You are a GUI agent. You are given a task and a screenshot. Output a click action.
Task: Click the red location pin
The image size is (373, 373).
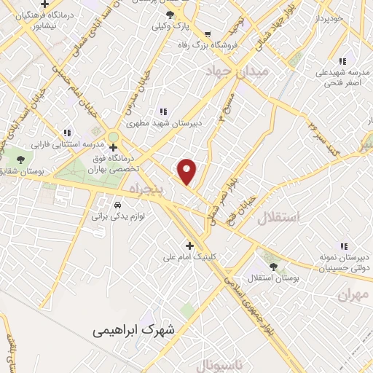187,170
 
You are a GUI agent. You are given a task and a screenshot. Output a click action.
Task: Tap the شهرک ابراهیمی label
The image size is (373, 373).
134,329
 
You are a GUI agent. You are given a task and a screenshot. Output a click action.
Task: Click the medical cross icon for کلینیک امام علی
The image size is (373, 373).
190,246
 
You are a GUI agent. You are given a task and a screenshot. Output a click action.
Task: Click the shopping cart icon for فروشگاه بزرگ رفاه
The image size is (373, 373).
208,34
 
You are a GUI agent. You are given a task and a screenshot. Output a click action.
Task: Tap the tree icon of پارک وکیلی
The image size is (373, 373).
170,14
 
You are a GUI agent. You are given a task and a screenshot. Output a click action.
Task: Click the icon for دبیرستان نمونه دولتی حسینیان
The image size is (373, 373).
343,246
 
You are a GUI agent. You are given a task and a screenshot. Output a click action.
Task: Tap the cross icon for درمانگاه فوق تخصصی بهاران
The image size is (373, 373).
113,146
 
